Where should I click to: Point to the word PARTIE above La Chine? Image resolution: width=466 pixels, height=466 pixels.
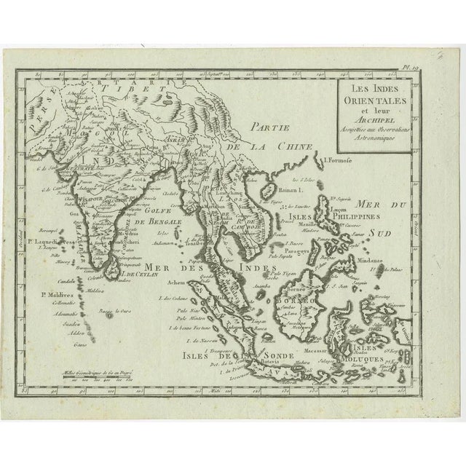264,125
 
